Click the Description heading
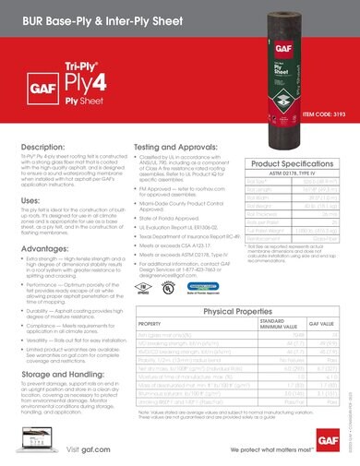[42, 147]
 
